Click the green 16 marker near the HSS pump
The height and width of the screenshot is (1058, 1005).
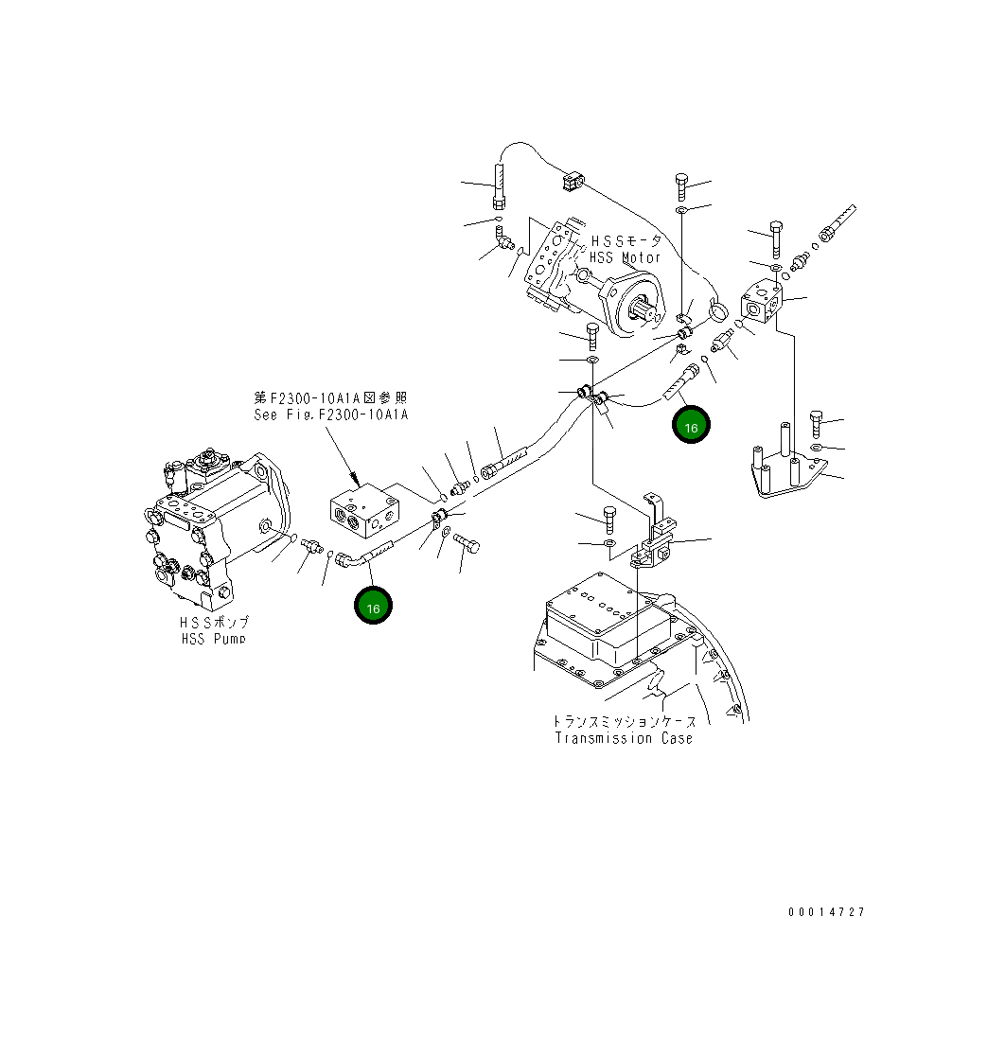373,608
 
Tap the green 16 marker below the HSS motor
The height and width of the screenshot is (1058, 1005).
691,427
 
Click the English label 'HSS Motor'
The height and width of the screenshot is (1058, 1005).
625,257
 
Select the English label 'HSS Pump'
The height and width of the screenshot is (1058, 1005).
214,639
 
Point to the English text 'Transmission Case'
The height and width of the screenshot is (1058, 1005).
624,738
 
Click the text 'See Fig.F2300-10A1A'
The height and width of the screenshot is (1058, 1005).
330,414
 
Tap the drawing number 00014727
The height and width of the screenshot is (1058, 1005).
825,912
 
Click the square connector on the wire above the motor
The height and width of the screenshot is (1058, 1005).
570,179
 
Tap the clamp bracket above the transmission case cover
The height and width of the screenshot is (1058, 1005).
654,540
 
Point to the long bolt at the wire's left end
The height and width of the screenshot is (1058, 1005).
498,187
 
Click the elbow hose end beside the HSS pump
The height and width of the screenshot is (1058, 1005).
346,559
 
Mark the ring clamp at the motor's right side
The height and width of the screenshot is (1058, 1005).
720,309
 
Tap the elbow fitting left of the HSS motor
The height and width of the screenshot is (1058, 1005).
505,240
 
